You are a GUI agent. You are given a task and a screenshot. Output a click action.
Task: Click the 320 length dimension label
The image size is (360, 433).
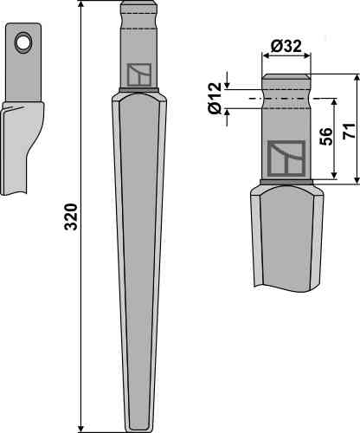(71, 216)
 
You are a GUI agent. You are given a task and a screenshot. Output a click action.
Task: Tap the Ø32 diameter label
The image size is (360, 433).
(286, 46)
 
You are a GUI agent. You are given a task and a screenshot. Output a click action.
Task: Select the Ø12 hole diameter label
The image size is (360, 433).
(215, 98)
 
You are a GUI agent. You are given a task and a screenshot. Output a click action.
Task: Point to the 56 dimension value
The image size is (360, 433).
(325, 136)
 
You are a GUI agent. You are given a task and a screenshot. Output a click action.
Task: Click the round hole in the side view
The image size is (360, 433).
(23, 42)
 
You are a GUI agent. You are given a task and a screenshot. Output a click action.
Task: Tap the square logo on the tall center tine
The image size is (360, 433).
(139, 74)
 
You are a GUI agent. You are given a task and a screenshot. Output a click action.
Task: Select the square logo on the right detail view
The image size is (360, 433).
(286, 158)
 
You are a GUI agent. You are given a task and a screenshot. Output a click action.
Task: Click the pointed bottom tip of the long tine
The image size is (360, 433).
(139, 430)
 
